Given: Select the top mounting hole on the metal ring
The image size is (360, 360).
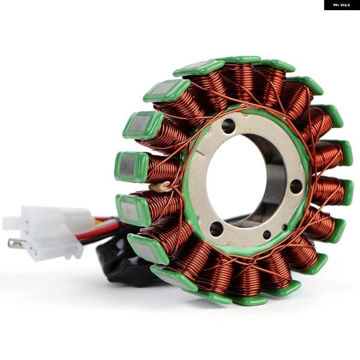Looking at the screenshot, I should pyautogui.click(x=228, y=125).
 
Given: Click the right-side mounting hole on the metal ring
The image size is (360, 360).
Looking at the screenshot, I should pyautogui.click(x=296, y=186).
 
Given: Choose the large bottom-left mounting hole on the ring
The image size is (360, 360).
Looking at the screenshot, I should pyautogui.click(x=217, y=229).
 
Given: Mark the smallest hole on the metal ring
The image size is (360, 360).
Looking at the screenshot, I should pyautogui.click(x=267, y=235).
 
